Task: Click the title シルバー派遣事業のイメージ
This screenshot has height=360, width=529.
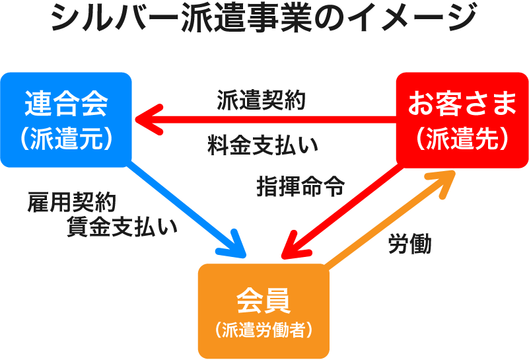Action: click(264, 18)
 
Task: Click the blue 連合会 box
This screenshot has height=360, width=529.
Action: click(66, 119)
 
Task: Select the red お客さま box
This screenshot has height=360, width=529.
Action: click(462, 119)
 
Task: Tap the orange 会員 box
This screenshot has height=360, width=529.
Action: click(264, 310)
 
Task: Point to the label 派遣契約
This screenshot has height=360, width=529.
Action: click(261, 100)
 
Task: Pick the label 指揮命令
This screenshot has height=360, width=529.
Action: click(300, 187)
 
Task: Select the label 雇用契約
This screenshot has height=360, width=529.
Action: click(72, 202)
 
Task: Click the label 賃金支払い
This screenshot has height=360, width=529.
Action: click(122, 227)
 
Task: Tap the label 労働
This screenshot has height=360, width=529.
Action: click(409, 244)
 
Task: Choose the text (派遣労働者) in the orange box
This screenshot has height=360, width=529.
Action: click(264, 329)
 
